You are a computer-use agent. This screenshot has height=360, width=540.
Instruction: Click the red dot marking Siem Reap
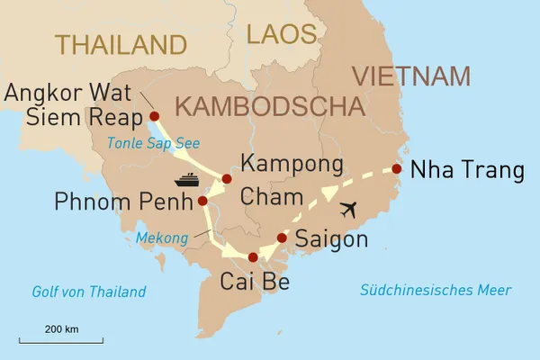154,116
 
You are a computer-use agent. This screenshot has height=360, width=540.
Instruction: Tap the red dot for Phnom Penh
202,201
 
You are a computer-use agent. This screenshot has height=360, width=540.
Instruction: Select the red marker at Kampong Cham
227,178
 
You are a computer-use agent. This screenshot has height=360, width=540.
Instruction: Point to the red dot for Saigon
282,238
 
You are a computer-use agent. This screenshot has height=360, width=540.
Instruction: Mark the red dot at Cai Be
253,257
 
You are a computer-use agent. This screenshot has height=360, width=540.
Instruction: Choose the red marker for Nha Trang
397,168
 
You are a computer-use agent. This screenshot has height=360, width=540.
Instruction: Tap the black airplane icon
351,208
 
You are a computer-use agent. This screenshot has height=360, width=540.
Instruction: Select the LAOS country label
282,35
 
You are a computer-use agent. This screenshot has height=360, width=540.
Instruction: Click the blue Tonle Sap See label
152,143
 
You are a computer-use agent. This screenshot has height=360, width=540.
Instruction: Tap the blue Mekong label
163,238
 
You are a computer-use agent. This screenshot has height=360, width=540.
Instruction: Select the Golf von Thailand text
88,292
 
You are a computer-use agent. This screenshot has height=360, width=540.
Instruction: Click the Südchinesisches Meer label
435,290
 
